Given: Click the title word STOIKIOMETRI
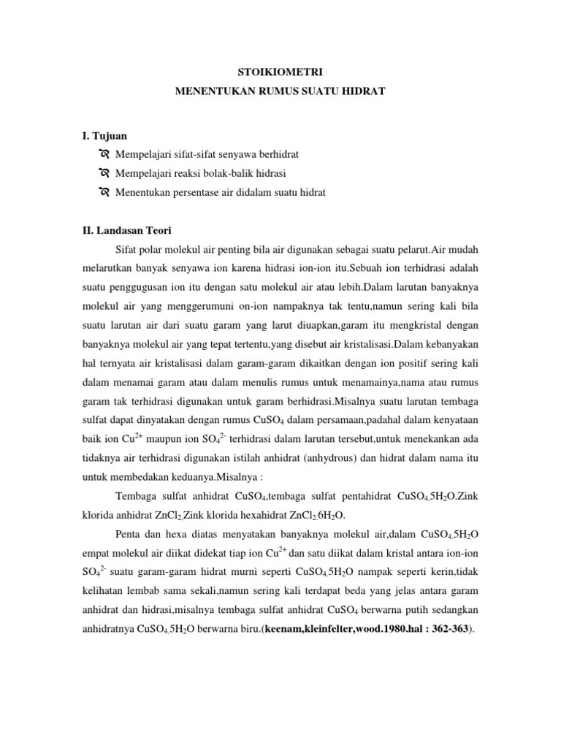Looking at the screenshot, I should pos(280,72).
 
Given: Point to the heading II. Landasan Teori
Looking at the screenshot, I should pos(126,231).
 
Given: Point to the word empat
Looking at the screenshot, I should pos(96,554).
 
